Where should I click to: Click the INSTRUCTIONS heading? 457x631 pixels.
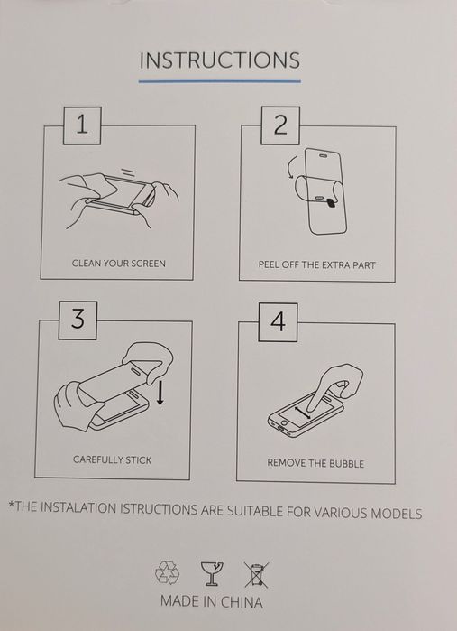219,60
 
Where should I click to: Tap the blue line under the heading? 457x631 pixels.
219,81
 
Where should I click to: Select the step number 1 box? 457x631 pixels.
82,125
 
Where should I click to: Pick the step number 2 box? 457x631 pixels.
280,125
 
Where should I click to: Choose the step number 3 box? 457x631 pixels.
78,320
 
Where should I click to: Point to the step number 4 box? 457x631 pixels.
278,322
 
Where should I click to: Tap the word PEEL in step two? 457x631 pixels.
268,265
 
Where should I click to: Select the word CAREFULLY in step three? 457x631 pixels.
96,459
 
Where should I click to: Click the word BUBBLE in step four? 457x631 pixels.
346,464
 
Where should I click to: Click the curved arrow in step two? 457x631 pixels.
293,167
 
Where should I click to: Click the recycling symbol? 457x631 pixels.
167,572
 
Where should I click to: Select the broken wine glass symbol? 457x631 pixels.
212,573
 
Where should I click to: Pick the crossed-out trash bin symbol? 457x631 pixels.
256,575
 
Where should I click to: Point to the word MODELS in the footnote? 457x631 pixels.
396,513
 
